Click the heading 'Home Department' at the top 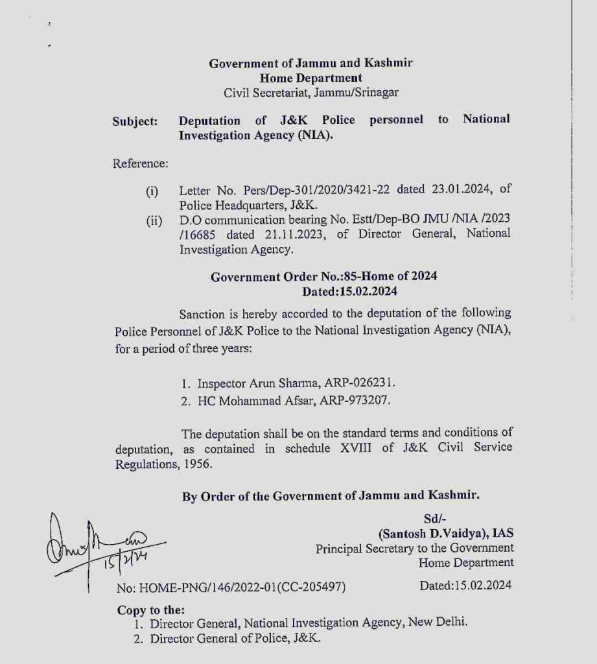(310, 78)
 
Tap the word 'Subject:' (135, 121)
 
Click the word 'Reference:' (141, 163)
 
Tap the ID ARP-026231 (360, 383)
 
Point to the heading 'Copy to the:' (151, 610)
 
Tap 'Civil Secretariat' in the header (266, 93)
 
